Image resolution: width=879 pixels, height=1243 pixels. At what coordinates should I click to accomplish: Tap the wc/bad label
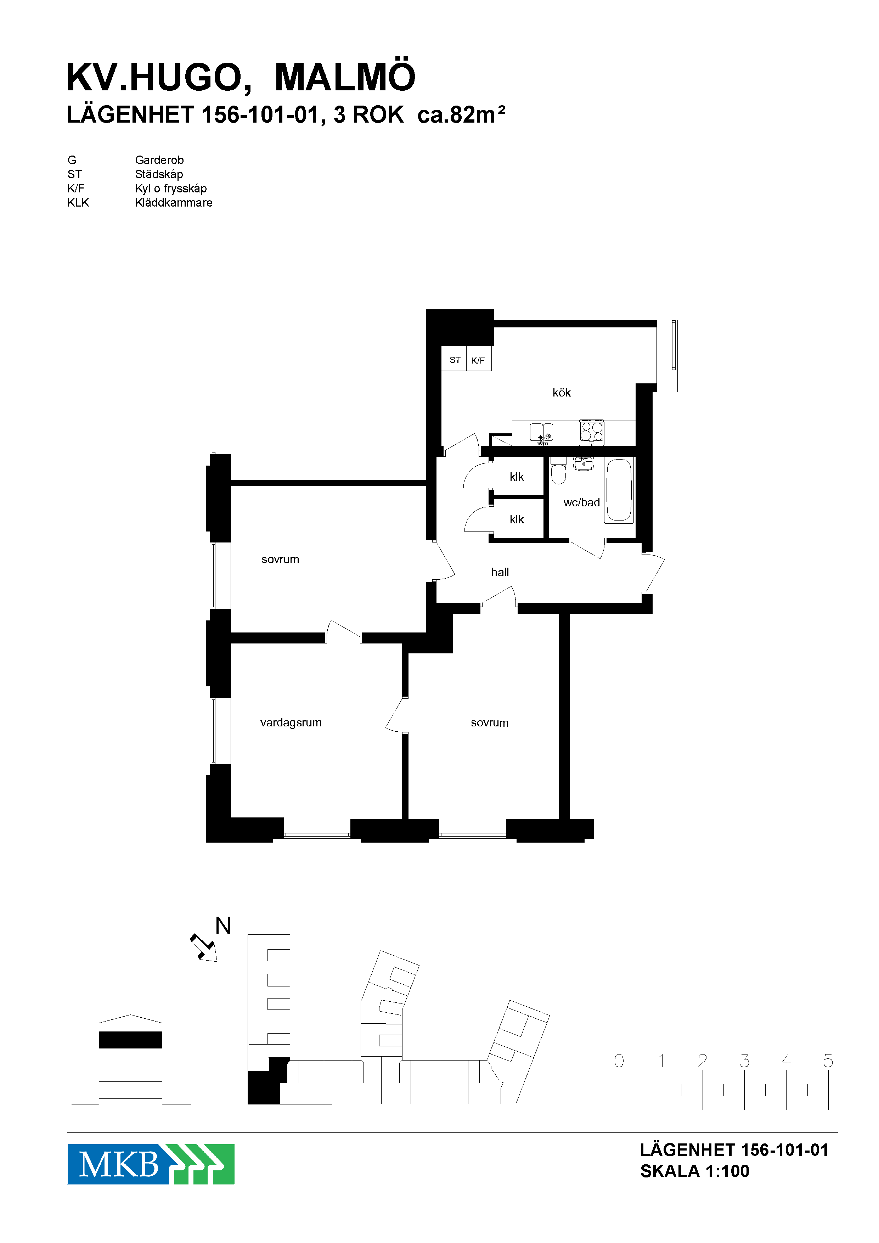[581, 502]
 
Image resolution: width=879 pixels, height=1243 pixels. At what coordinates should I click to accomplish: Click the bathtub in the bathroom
[619, 490]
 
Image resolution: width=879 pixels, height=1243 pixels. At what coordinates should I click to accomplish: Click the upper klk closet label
[517, 477]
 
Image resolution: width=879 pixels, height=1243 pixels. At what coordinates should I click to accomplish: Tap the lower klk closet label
[517, 520]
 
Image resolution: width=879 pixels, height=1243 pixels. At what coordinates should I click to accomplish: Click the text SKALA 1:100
[694, 1171]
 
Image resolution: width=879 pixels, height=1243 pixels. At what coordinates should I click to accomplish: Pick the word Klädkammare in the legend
[174, 202]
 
